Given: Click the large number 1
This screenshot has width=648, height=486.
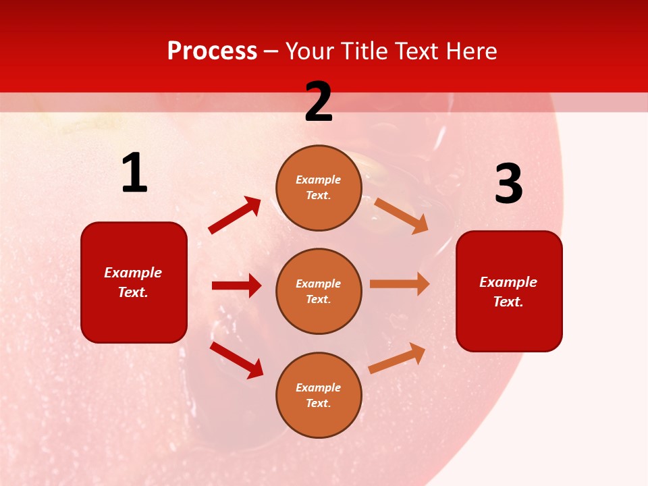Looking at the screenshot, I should [x=134, y=173].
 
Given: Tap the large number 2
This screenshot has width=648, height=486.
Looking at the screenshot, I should [x=319, y=102].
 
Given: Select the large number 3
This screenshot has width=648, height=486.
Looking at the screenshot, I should [x=508, y=184].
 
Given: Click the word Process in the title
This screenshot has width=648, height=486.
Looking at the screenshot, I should [x=212, y=51].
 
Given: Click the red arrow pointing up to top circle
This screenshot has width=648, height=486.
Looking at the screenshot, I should [x=235, y=215].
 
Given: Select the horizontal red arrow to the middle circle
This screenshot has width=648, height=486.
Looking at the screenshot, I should [x=236, y=286].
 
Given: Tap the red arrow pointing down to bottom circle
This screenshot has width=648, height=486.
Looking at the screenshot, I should [x=236, y=360].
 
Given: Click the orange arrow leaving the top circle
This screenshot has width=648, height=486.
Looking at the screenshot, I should [x=402, y=215].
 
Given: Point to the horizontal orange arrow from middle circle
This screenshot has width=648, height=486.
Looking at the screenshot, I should [x=400, y=283].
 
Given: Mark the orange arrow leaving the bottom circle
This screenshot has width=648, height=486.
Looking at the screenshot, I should [x=398, y=358].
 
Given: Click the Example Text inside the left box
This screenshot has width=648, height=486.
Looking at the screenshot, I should [x=133, y=282].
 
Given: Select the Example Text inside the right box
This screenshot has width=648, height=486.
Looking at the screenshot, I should [x=508, y=292].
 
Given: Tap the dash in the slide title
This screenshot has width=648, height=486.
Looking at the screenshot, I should [x=271, y=51].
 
